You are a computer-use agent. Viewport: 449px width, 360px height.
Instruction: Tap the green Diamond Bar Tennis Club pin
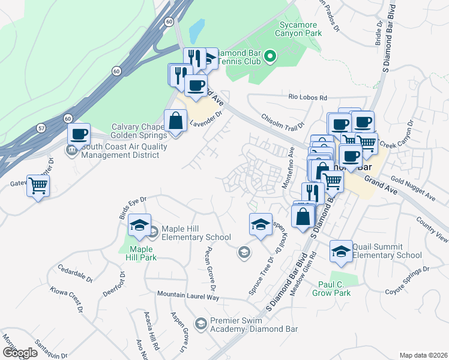pos(270,58)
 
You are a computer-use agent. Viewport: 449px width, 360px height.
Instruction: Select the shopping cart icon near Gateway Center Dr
pos(38,186)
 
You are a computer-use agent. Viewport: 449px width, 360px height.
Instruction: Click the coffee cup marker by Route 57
pos(79,134)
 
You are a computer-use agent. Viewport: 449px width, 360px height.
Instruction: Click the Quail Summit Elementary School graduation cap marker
pos(341,252)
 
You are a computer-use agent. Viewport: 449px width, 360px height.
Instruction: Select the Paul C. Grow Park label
pos(331,288)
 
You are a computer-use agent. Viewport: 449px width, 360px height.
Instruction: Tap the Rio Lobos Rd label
pos(307,97)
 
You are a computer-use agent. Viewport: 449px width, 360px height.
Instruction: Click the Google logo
pos(20,353)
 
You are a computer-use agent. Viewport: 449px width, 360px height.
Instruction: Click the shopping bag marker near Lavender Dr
pos(175,121)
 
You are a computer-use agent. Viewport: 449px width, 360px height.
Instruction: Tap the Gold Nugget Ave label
pos(414,187)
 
